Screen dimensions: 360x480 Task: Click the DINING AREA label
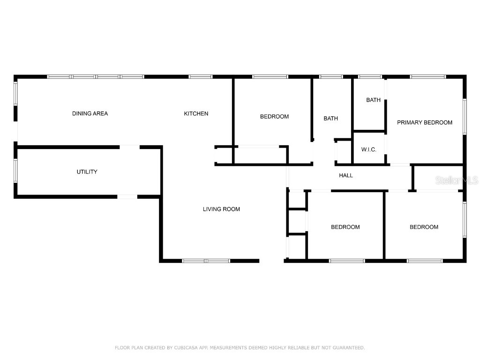pos(90,113)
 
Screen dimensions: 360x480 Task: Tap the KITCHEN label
pos(196,113)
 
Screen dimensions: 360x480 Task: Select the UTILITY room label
pos(87,172)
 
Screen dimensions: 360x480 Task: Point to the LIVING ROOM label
pos(221,209)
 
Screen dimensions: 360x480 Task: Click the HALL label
pos(346,175)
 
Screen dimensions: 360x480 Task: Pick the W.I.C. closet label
pos(368,150)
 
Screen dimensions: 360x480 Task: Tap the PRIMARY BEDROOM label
pos(425,122)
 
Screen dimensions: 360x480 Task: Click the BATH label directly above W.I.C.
pos(374,100)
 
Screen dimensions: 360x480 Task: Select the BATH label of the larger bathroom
pos(330,119)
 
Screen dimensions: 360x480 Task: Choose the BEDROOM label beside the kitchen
pos(274,116)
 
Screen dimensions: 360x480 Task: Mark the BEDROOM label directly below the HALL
pos(345,227)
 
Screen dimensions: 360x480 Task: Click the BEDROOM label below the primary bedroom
pos(424,227)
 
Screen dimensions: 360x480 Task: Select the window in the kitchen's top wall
pos(200,77)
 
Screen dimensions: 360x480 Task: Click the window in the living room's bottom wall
pos(206,261)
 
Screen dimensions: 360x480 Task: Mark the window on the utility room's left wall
pos(15,170)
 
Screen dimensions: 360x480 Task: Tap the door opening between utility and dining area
pos(130,147)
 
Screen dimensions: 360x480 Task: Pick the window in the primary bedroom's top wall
pos(427,77)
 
